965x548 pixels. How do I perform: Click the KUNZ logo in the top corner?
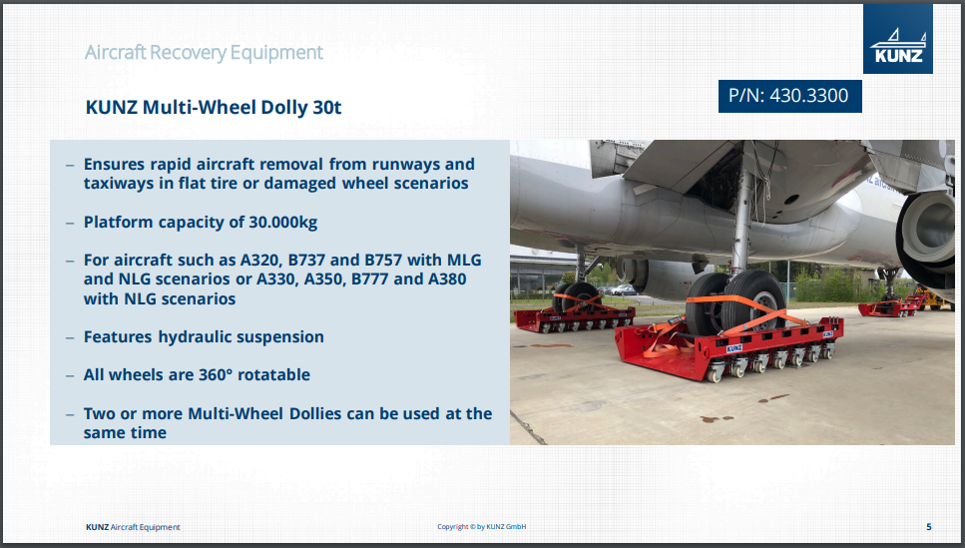897,39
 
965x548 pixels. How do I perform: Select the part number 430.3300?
808,96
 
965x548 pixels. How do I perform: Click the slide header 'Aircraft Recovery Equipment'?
204,52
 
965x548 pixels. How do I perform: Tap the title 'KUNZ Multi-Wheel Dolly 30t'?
213,107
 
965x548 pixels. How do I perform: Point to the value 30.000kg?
283,222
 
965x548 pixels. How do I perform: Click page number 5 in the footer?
929,527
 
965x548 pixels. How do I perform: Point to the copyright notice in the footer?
481,527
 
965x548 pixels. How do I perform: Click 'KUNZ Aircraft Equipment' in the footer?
133,527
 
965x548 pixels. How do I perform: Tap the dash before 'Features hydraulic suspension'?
70,338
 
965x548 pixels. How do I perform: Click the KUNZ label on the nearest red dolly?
734,348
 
